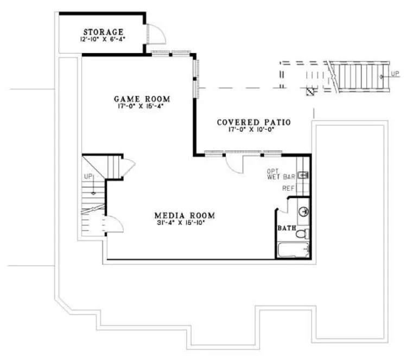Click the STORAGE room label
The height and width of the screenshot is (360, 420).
tap(103, 32)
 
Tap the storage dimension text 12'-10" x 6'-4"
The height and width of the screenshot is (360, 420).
tap(103, 40)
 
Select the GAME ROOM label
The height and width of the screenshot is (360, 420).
tap(142, 99)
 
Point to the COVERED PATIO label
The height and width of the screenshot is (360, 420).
tap(253, 123)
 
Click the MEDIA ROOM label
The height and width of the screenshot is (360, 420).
tap(185, 214)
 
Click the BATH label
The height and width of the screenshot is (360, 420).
tap(286, 228)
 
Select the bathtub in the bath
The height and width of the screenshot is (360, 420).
tap(293, 250)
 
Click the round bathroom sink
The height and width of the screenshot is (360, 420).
tap(303, 209)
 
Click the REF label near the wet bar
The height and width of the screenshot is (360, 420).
tap(288, 189)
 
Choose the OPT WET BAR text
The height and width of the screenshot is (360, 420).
tap(281, 173)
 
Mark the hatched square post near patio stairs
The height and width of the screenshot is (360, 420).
tap(310, 92)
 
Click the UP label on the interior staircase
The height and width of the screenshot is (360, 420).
tap(87, 177)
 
